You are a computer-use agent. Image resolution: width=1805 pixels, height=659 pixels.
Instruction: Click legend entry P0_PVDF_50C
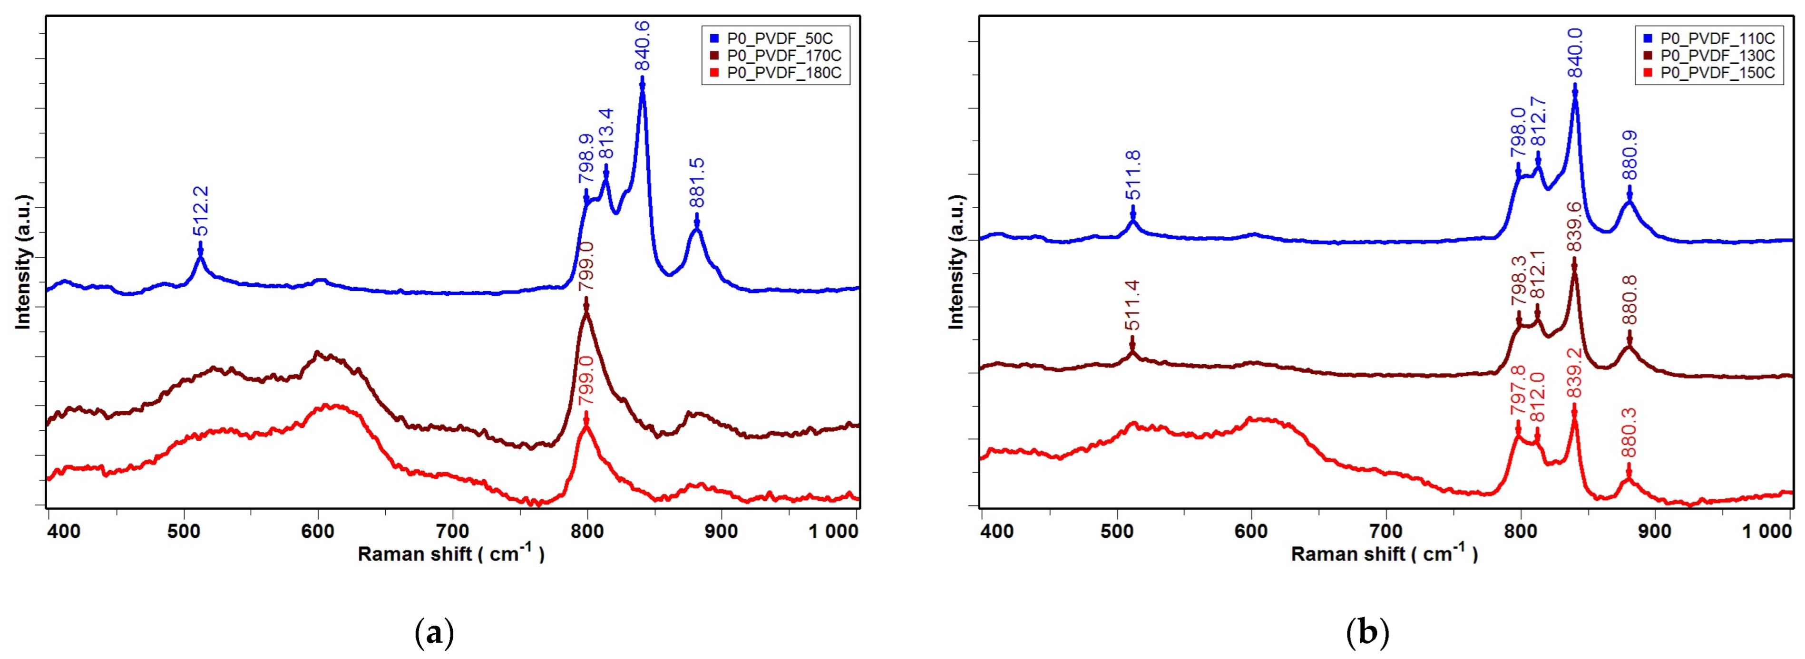point(778,38)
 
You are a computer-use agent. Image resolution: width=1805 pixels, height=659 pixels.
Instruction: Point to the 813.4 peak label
point(606,134)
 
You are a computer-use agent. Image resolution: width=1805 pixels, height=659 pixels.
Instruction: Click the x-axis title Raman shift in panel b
point(1384,554)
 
